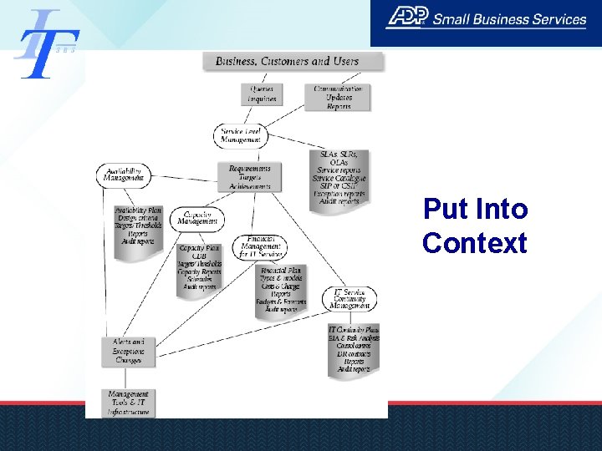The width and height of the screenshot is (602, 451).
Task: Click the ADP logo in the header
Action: (407, 18)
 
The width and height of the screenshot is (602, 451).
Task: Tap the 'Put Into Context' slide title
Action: (475, 225)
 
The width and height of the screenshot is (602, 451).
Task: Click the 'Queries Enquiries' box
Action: (262, 94)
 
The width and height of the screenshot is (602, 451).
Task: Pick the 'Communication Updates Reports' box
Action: (339, 97)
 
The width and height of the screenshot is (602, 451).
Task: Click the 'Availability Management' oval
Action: (124, 174)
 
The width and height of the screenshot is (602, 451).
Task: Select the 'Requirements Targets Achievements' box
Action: (250, 176)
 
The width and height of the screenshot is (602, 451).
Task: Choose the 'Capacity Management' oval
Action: (198, 220)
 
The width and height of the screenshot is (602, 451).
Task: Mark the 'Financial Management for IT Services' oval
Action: (262, 246)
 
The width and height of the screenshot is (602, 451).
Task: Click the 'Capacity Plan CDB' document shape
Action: (199, 268)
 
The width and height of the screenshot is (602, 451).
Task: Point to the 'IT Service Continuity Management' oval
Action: (350, 298)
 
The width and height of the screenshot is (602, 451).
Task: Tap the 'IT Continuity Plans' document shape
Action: (354, 349)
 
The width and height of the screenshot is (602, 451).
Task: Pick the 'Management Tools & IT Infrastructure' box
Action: (128, 403)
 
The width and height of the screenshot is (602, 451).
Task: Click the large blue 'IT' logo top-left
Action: (46, 43)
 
